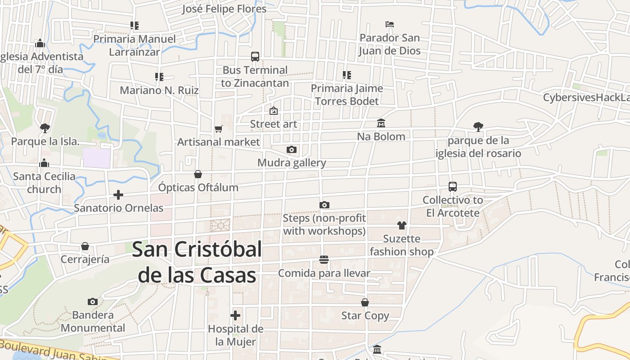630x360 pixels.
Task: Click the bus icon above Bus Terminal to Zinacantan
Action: (255, 57)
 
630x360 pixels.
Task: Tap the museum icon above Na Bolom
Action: (381, 123)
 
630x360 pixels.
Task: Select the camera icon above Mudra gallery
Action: (292, 149)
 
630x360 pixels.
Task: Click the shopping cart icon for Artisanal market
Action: (219, 129)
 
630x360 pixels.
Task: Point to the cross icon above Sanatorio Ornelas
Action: (118, 195)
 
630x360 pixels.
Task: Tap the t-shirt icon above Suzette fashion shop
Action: (402, 225)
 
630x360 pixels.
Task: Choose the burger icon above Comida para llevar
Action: (324, 260)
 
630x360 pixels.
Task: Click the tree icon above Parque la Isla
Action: (45, 128)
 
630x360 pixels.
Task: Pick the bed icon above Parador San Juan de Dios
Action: (390, 24)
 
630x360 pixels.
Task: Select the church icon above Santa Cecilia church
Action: (44, 163)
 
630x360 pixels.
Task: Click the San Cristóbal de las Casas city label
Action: (197, 262)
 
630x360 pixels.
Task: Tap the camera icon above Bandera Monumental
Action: (93, 301)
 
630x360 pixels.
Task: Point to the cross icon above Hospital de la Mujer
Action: (235, 315)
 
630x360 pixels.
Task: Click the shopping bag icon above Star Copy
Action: (365, 302)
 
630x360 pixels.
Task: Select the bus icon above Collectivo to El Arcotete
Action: (453, 187)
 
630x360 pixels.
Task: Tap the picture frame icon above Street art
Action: (274, 111)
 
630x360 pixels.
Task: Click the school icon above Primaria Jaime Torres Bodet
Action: (346, 75)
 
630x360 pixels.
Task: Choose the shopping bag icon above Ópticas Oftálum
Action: (198, 174)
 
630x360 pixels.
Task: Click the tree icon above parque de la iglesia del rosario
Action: (478, 127)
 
